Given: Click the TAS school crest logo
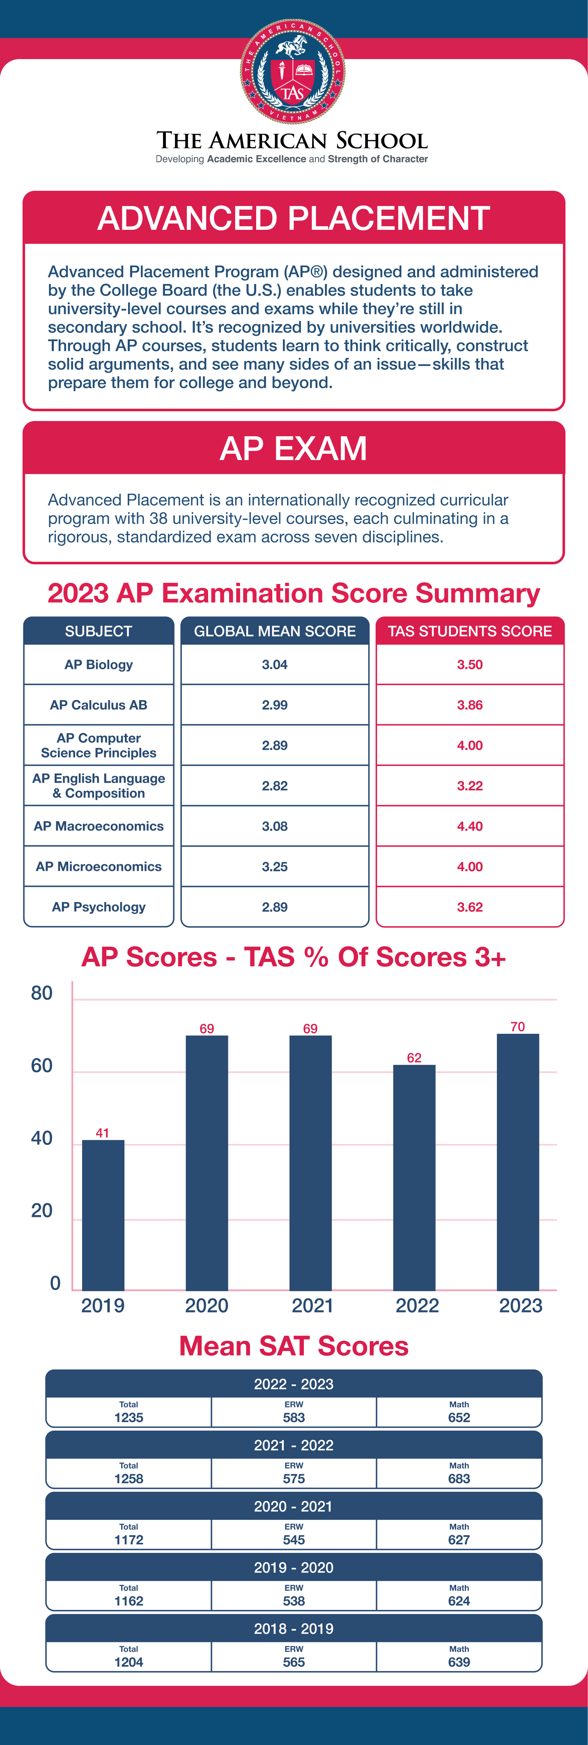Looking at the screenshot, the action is click(x=293, y=71).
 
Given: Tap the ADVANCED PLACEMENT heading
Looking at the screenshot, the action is click(x=293, y=218).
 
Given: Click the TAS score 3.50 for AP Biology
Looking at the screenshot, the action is click(x=469, y=664).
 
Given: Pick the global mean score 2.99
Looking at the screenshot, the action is click(x=274, y=705).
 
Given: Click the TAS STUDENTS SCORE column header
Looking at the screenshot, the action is click(x=469, y=631).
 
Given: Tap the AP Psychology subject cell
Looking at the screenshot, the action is click(x=99, y=907).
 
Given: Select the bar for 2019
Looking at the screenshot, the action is click(x=103, y=1215).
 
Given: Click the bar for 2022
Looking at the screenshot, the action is click(x=414, y=1177).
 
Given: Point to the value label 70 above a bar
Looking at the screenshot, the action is click(x=517, y=1026).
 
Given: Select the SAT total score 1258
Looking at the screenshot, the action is click(x=129, y=1479).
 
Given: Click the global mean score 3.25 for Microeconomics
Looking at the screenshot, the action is click(x=274, y=866).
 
